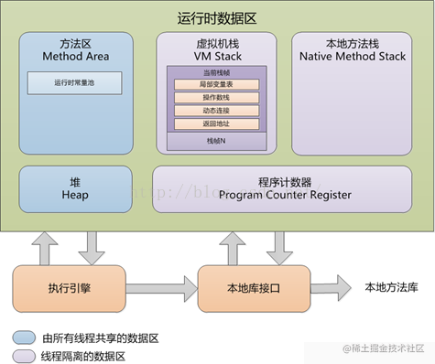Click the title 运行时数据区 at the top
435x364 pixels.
point(217,17)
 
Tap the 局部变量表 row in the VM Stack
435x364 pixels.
point(216,85)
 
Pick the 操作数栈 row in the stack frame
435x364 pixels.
point(216,98)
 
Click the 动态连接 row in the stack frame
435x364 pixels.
point(216,111)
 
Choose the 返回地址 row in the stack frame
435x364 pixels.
point(216,123)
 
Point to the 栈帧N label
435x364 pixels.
point(216,141)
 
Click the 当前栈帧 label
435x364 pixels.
point(216,72)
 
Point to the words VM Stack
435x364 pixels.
point(217,57)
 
